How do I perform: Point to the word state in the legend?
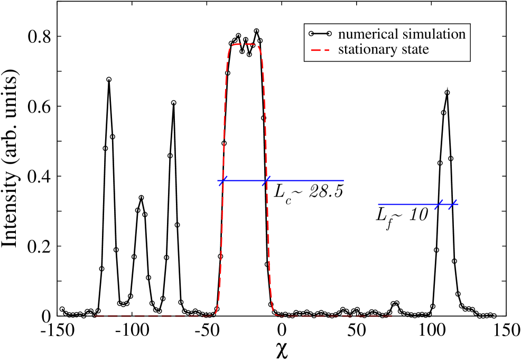[415, 50]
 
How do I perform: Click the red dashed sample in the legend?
[320, 50]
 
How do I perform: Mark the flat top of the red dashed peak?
[244, 44]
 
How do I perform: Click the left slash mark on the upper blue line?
[223, 181]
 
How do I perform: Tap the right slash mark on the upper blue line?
[267, 181]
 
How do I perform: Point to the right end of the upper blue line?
[344, 181]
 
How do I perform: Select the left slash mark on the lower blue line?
[439, 205]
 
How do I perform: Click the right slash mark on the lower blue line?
[452, 205]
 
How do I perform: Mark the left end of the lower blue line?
[378, 205]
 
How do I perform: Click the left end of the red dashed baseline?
[96, 316]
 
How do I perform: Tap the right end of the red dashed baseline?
[392, 316]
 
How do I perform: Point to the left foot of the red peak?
[215, 315]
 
